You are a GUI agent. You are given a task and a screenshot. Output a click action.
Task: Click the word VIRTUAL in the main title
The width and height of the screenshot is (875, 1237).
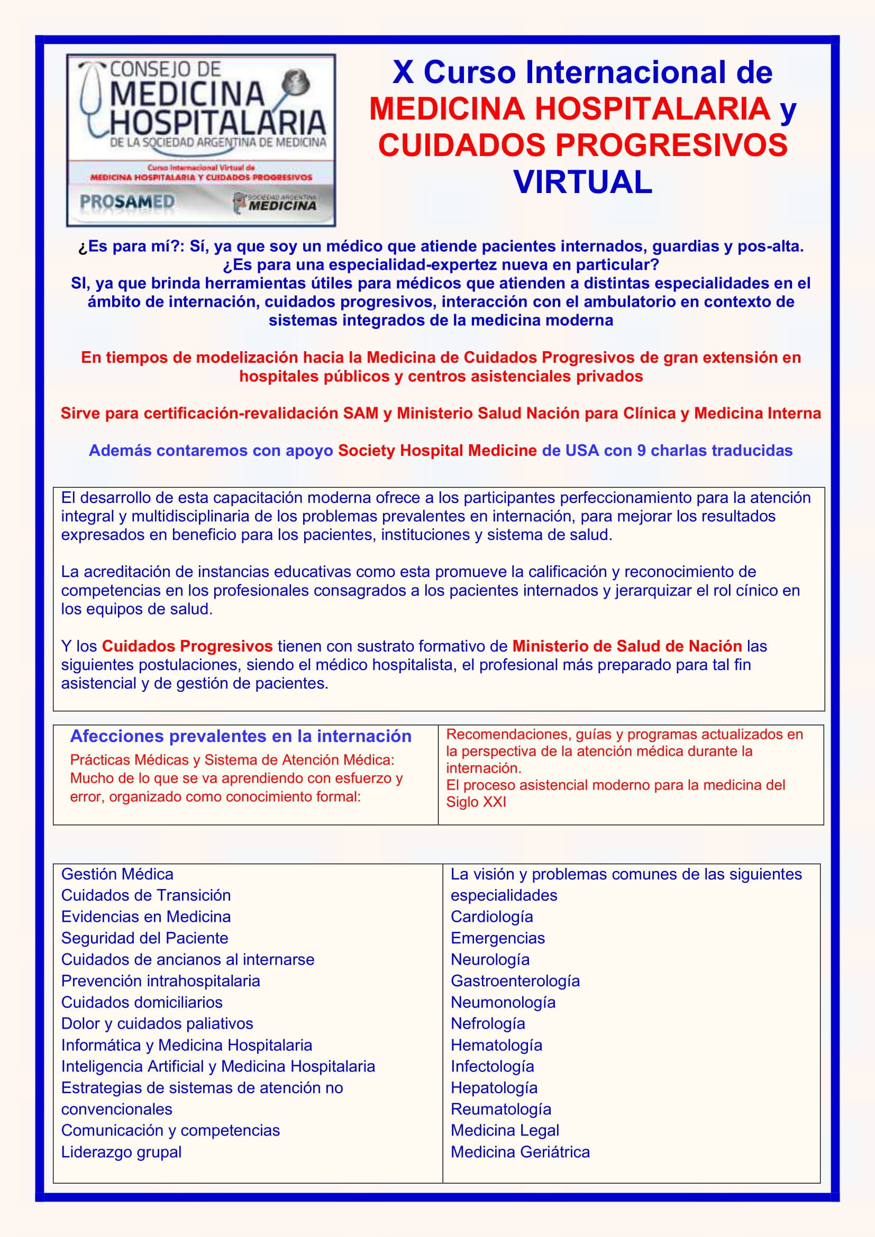582,182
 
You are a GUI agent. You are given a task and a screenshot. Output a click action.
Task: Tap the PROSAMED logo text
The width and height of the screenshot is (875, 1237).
127,202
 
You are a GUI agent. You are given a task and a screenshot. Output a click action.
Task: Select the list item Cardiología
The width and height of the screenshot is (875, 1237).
491,917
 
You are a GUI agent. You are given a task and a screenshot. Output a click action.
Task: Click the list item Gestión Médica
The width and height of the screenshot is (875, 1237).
117,874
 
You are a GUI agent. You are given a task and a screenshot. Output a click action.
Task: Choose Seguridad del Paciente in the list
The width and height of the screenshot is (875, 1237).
144,938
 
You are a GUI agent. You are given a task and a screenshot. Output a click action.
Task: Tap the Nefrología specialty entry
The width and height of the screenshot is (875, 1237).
488,1023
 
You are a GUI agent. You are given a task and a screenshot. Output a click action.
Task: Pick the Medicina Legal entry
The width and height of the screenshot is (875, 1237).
504,1130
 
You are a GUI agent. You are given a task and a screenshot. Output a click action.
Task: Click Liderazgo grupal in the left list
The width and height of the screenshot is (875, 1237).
121,1151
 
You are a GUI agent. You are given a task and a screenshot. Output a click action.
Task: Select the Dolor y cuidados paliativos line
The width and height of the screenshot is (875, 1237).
157,1023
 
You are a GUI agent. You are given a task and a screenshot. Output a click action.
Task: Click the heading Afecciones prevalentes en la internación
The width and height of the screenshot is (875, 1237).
240,736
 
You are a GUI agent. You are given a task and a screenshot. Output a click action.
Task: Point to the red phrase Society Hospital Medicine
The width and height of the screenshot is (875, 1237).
437,451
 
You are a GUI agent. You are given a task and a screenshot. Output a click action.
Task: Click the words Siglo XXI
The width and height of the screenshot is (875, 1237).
476,802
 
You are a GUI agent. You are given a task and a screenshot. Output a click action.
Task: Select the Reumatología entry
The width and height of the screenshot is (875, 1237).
500,1109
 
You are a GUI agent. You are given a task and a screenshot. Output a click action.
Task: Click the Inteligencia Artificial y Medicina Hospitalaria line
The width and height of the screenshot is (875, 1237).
217,1066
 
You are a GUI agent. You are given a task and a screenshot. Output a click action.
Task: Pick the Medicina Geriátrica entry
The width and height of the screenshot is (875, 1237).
520,1151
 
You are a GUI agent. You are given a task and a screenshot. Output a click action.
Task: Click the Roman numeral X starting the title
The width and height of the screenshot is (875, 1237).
403,72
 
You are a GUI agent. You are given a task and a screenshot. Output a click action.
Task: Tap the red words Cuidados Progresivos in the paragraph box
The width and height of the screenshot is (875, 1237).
187,646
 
